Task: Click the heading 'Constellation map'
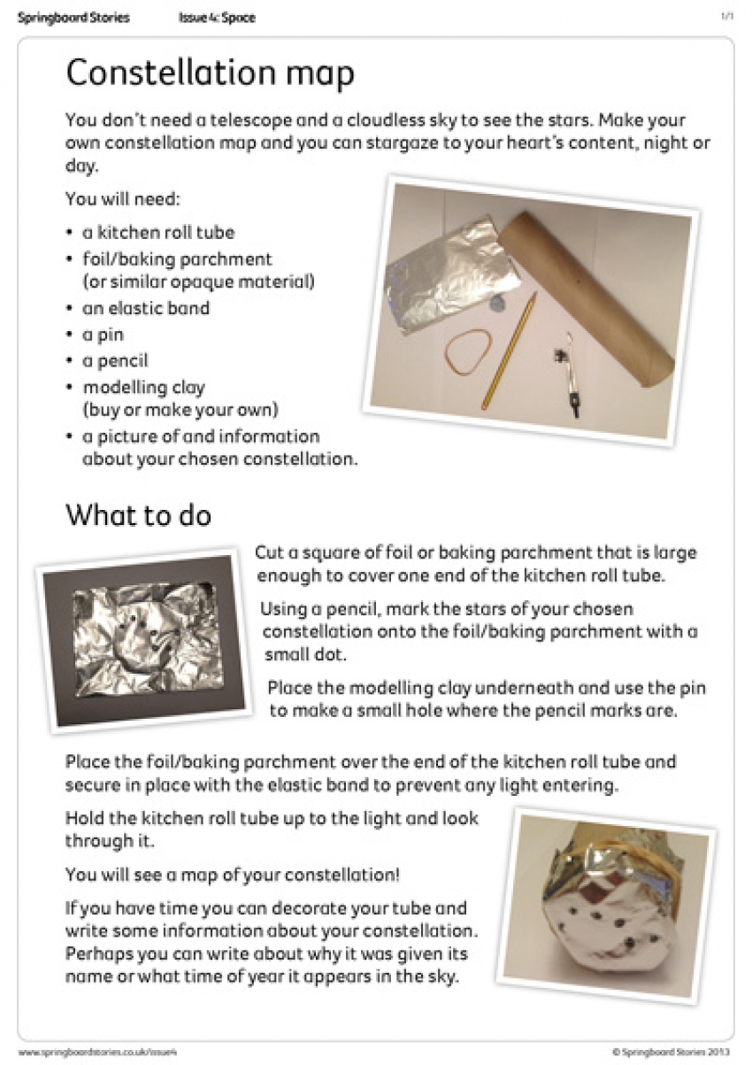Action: point(210,74)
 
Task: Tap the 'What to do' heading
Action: point(138,515)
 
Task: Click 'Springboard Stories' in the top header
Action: point(73,18)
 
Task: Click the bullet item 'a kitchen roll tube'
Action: point(158,233)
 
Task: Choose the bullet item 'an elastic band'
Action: point(146,308)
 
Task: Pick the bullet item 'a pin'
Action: point(104,335)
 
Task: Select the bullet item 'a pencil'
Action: point(115,361)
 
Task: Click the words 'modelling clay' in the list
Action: point(144,388)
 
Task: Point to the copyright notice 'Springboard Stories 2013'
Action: point(672,1052)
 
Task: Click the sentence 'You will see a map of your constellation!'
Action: point(233,875)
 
